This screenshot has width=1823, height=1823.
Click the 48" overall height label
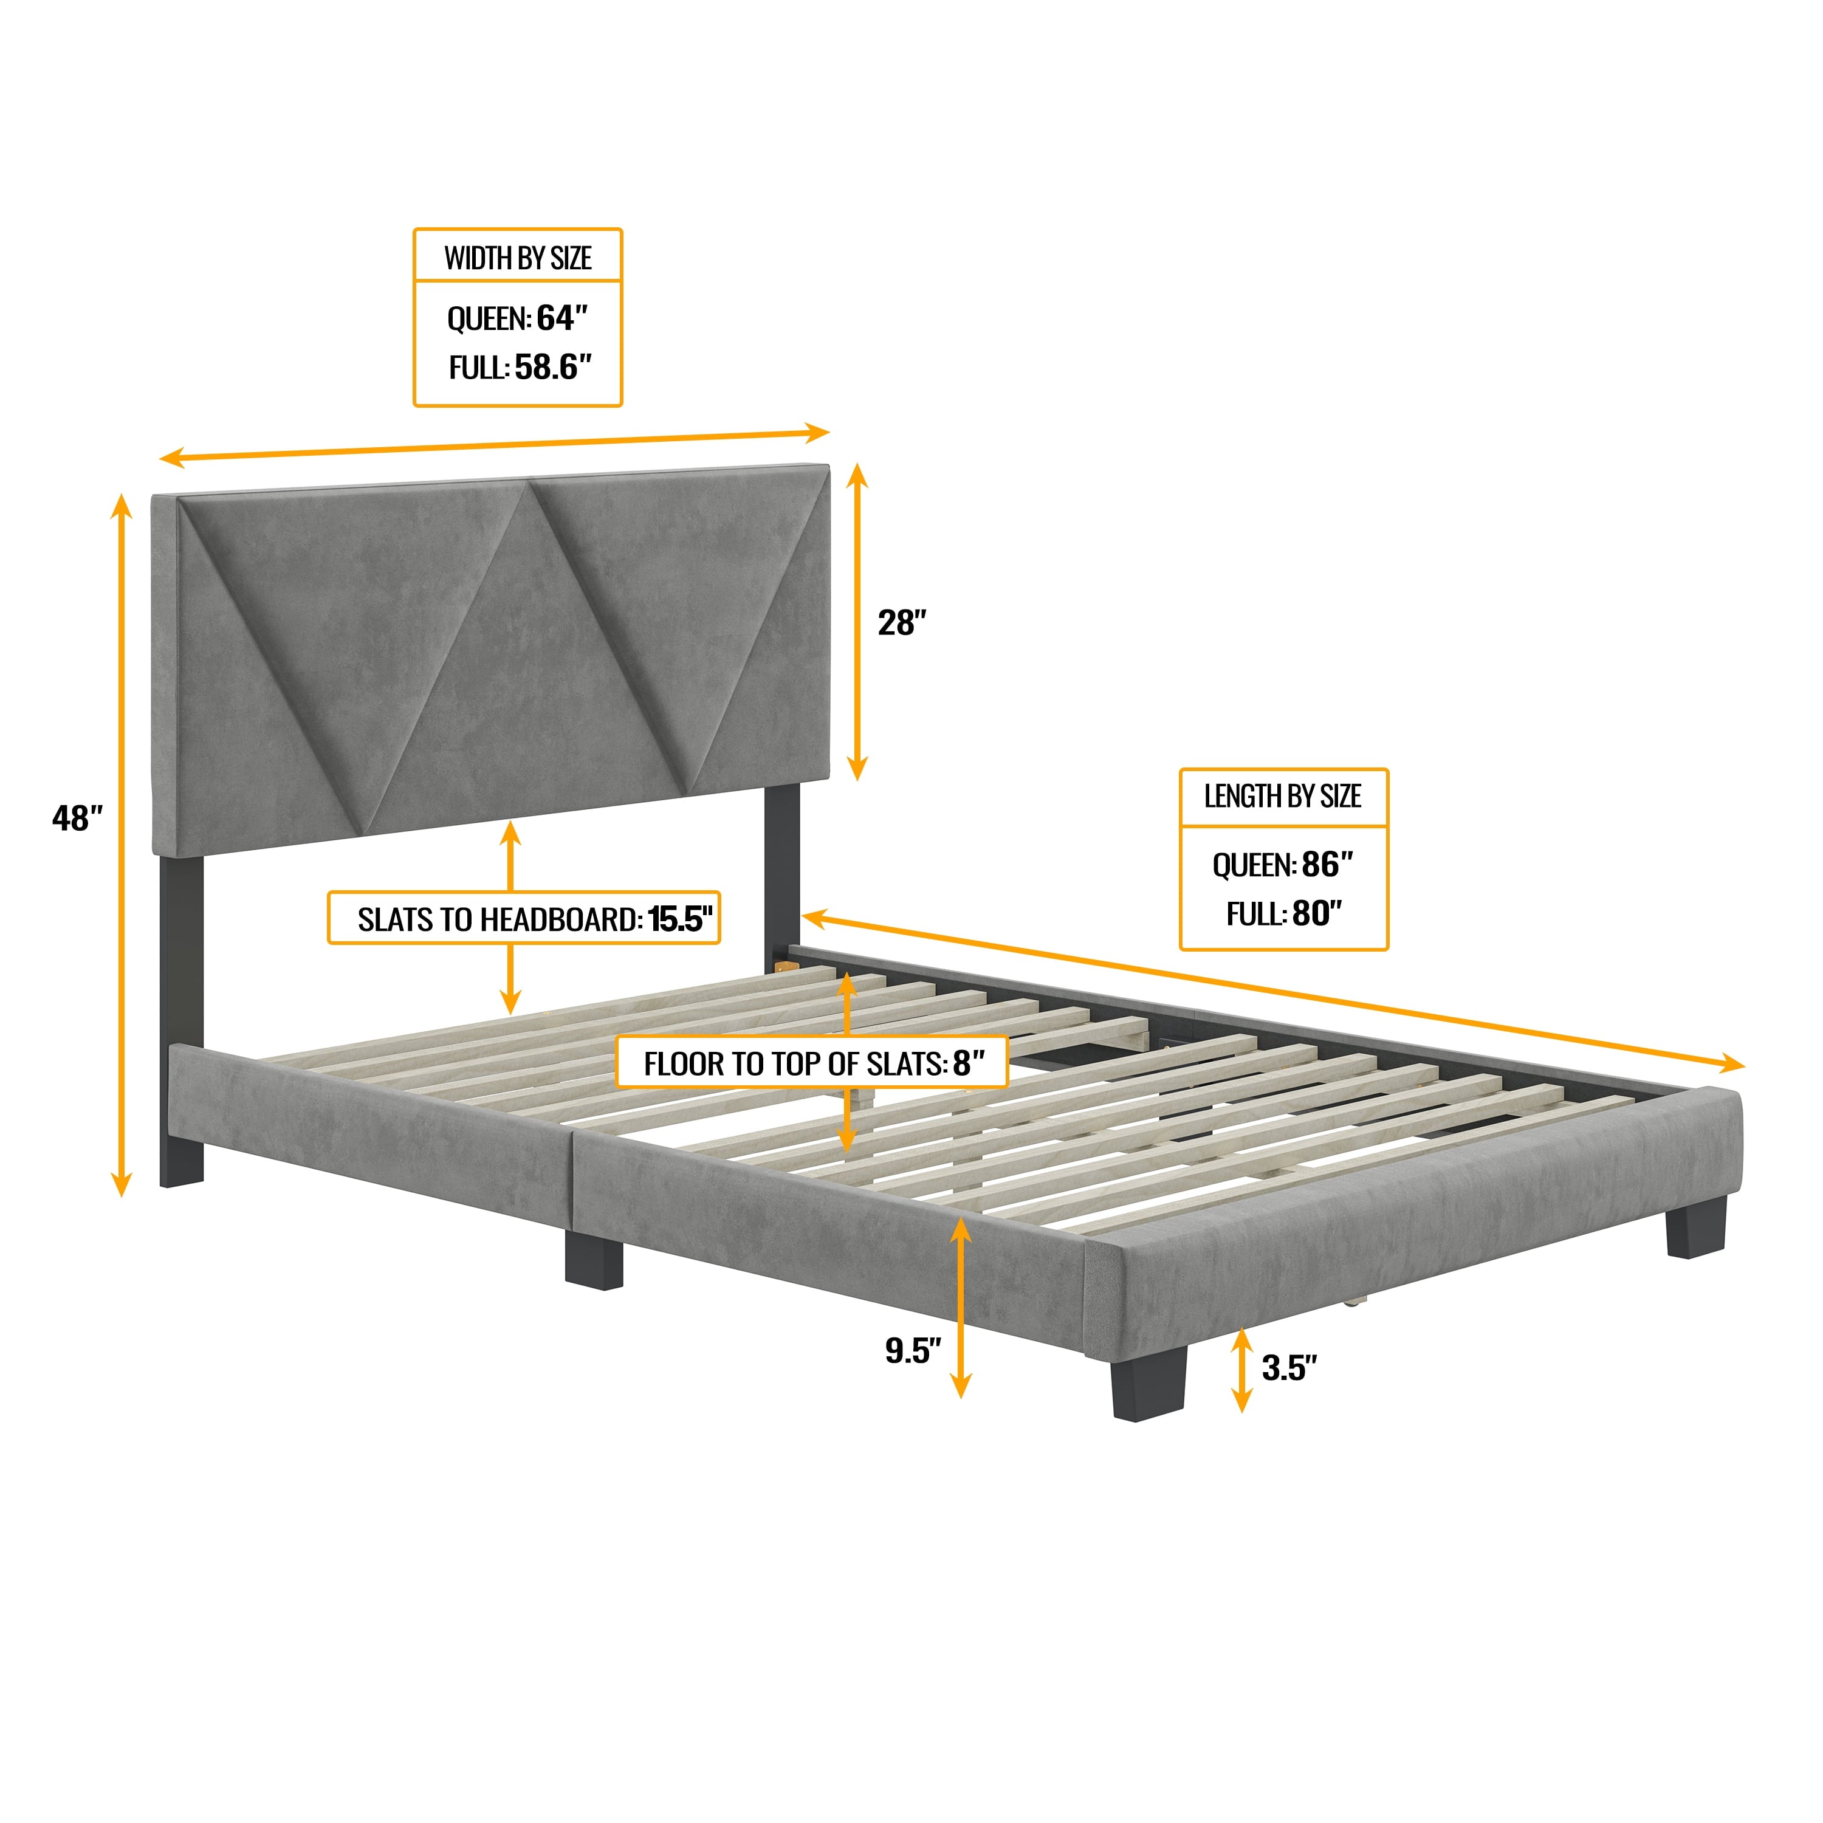(77, 817)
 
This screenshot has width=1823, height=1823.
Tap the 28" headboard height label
(902, 623)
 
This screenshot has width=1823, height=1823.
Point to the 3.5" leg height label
(1289, 1367)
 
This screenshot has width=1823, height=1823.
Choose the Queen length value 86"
(1327, 863)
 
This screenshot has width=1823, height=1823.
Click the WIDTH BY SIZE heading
(517, 258)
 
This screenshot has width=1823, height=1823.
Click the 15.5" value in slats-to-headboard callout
(681, 918)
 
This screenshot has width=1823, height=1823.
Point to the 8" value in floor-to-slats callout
(968, 1063)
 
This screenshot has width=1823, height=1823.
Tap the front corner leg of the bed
(1147, 1383)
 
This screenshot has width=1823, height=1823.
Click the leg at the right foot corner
(1695, 1227)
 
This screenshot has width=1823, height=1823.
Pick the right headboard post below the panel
(782, 868)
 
